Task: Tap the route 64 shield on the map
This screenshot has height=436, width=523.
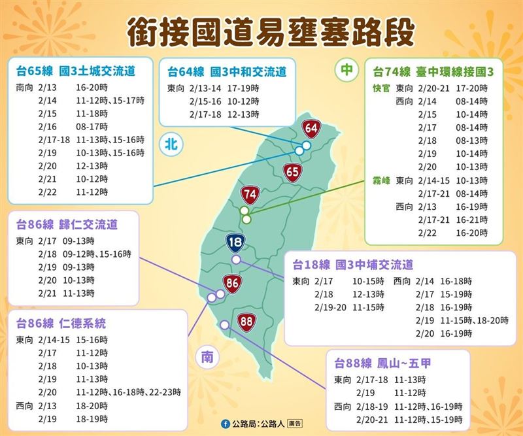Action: pos(311,129)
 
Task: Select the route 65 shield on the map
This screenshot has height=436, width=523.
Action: pos(293,172)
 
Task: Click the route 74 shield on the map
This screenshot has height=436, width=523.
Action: pos(250,194)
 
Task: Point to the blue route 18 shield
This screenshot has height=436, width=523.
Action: pos(235,243)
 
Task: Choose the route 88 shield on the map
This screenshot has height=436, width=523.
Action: pos(246,322)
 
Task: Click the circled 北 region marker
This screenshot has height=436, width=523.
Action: pos(168,144)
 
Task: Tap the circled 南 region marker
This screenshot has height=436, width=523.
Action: pos(207,357)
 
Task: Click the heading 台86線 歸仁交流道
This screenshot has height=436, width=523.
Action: pos(67,225)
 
